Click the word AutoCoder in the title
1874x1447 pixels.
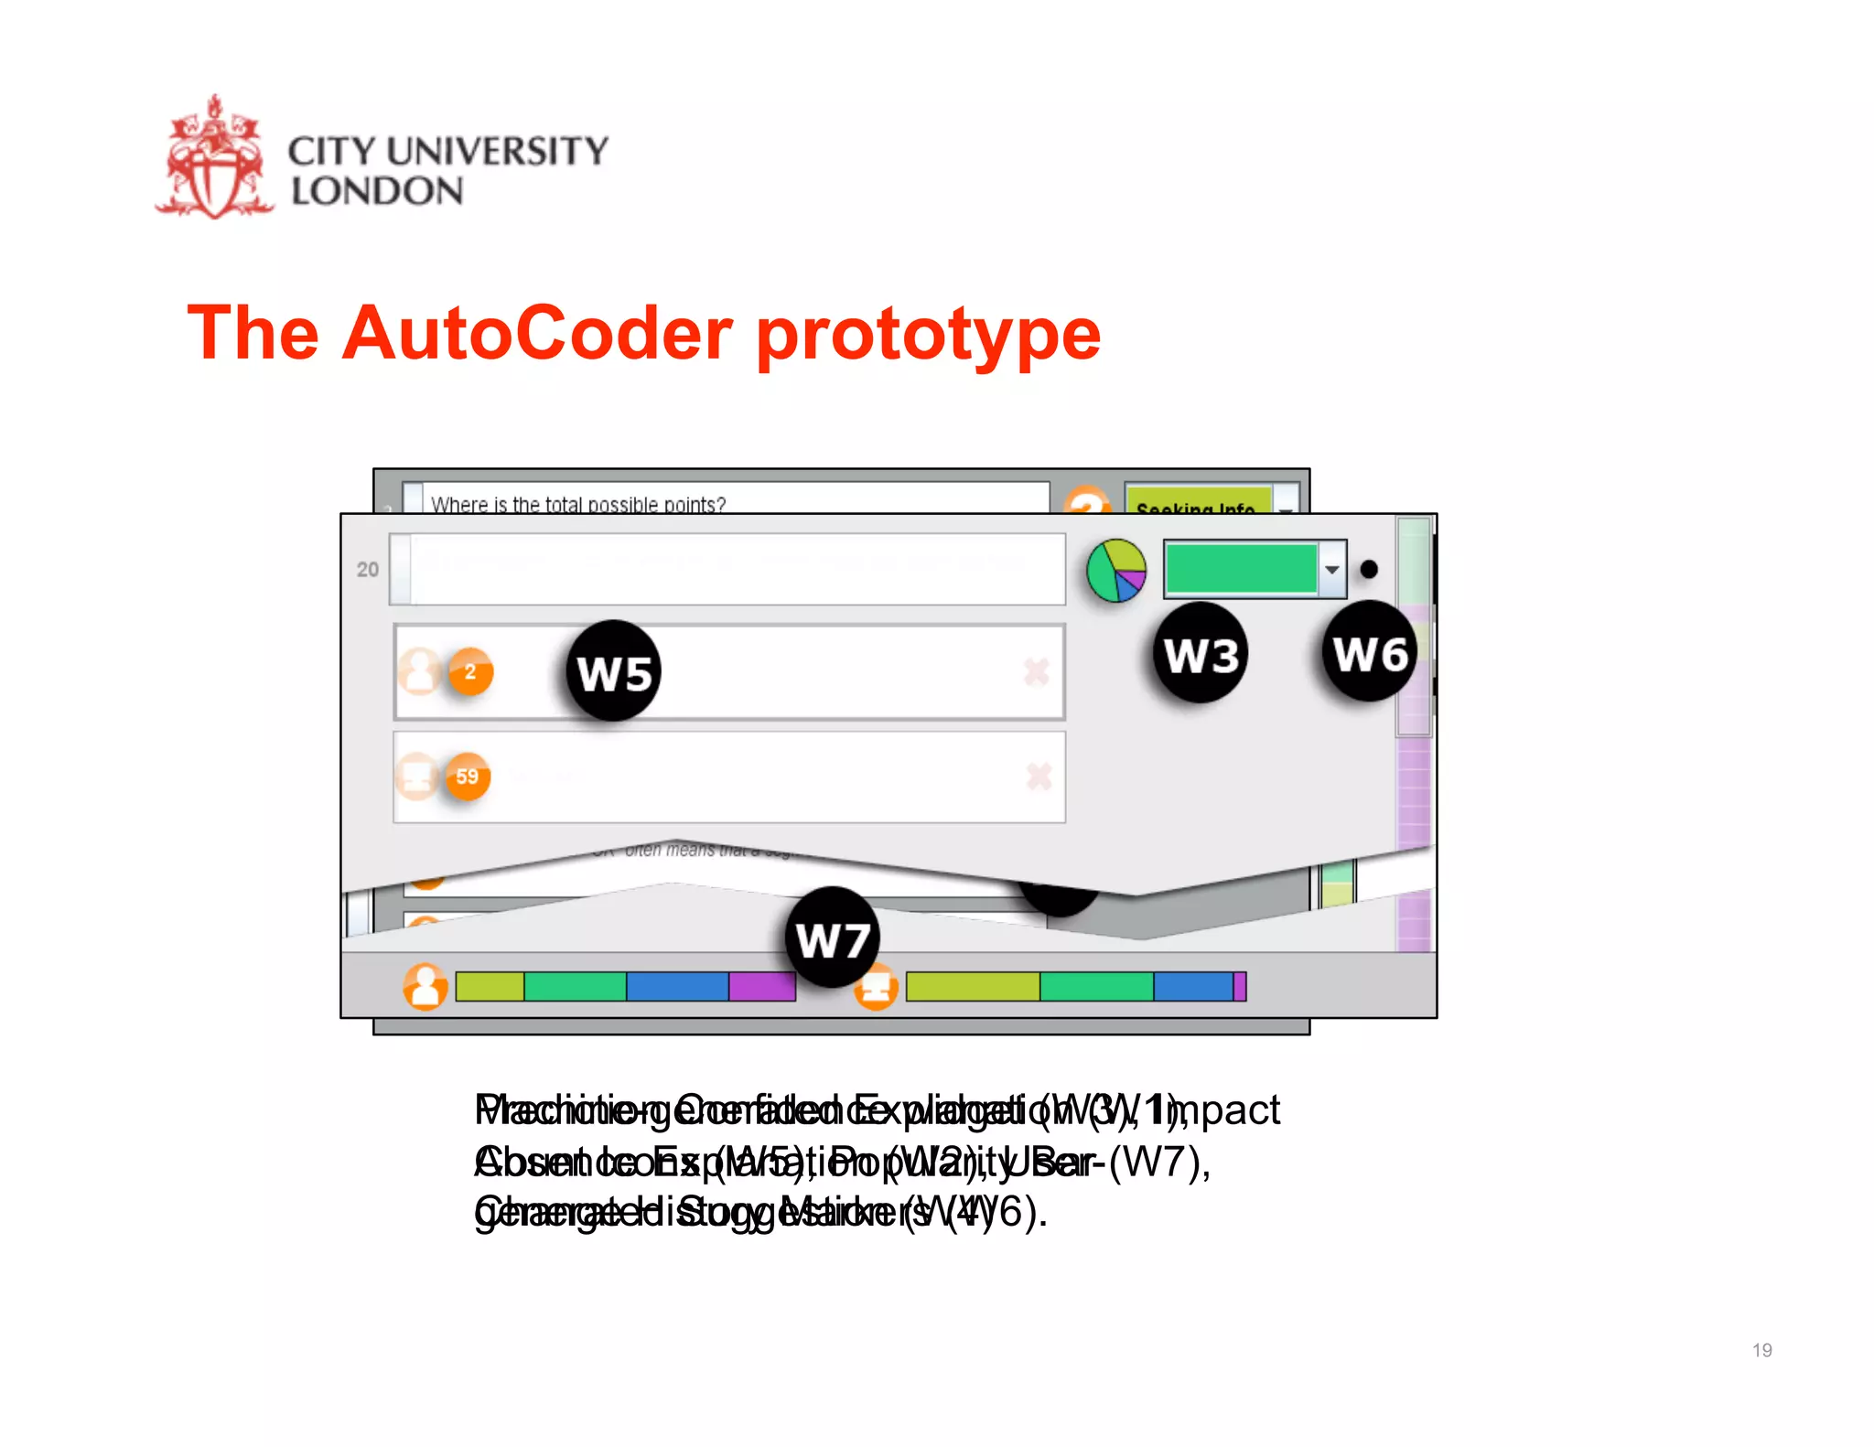(537, 334)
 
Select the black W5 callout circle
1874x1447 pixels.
(614, 672)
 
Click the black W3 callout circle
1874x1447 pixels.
(1201, 654)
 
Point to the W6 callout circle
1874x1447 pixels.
(1369, 653)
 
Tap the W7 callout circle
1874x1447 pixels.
(832, 938)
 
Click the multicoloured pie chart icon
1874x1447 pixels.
(1116, 571)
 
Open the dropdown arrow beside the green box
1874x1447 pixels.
(1332, 570)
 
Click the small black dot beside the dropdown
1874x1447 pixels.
(1369, 570)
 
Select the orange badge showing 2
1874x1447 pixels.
(470, 672)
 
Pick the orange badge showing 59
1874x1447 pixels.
(468, 777)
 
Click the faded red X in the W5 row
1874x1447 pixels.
(1037, 672)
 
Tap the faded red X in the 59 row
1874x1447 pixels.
(1039, 777)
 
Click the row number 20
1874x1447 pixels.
(368, 570)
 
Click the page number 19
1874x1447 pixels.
(1761, 1350)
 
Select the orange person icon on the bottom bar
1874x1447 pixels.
(425, 987)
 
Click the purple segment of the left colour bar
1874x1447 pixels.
(761, 987)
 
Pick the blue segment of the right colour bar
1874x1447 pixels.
(1192, 987)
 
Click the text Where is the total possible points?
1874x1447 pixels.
(578, 504)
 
